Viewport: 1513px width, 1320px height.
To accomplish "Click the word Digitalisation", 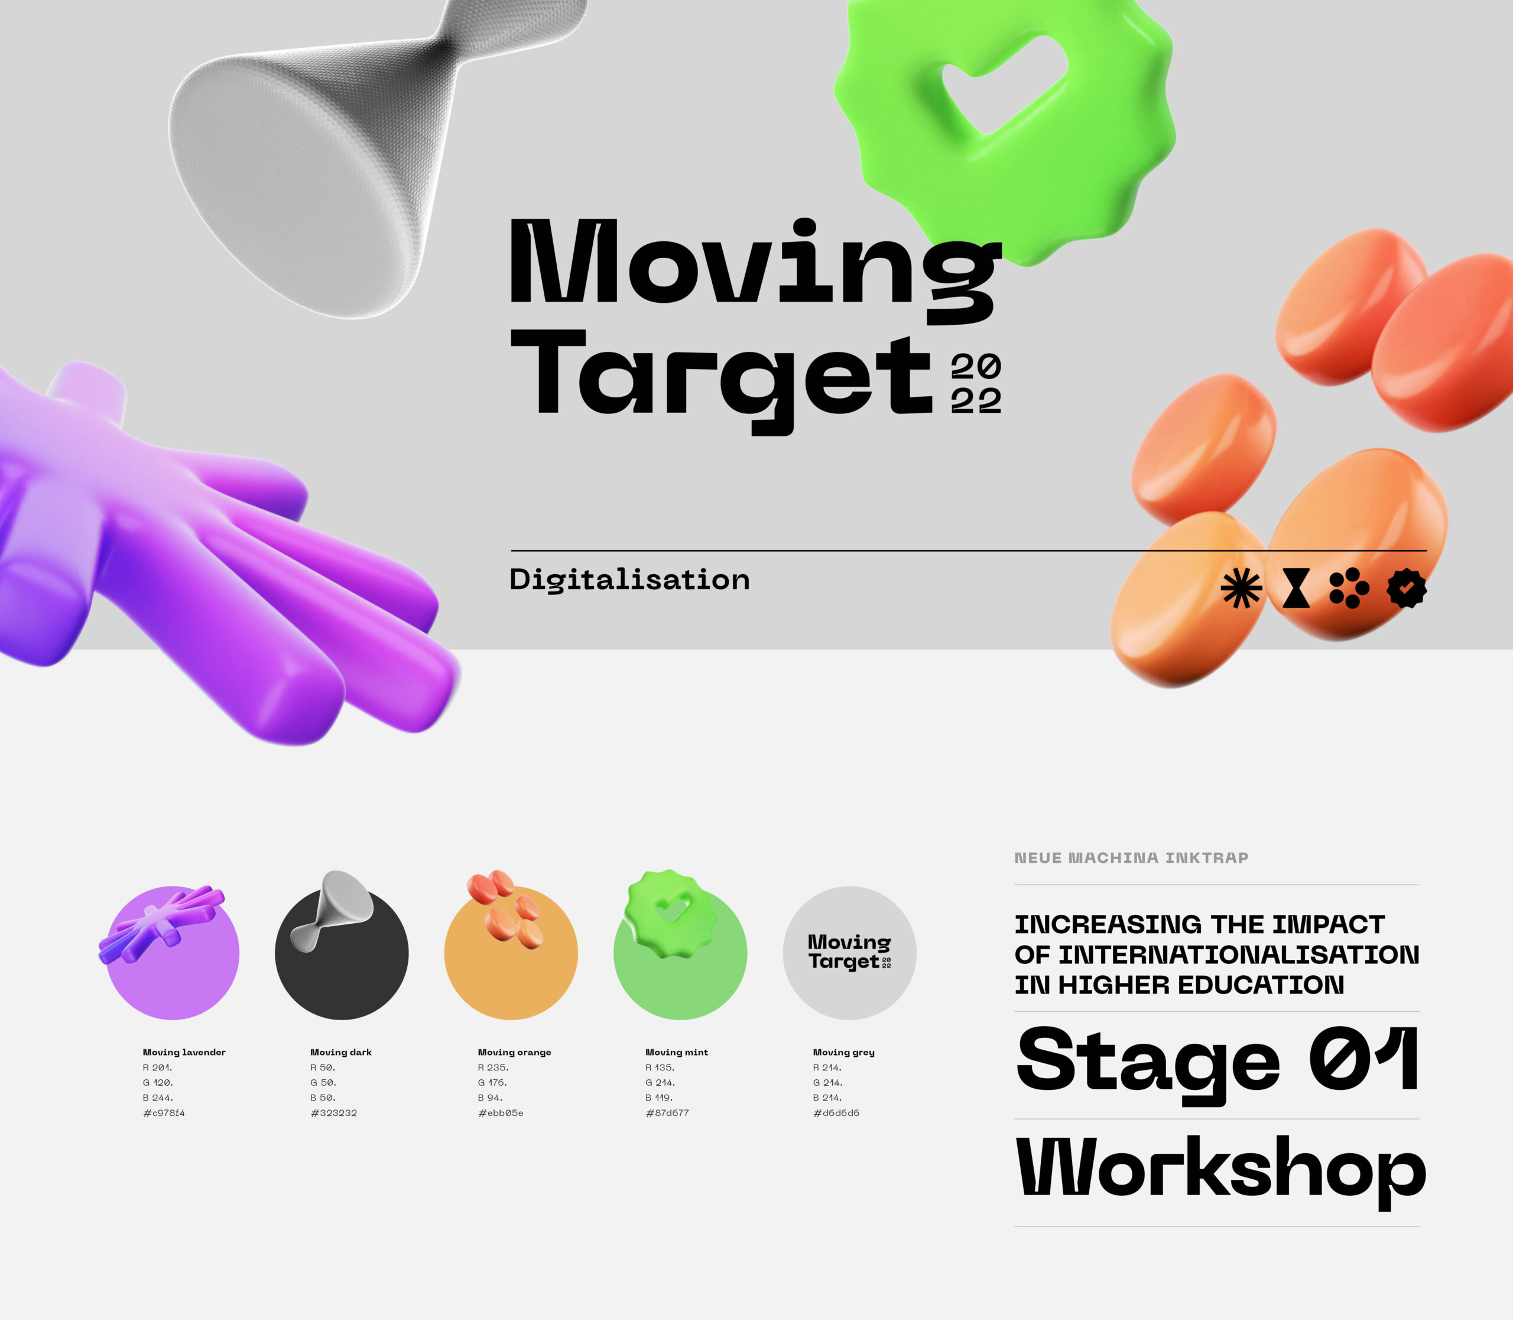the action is point(629,580).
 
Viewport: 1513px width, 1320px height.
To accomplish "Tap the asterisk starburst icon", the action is point(1241,588).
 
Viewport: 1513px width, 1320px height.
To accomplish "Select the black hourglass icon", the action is point(1296,588).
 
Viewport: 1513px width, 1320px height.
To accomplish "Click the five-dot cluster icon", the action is point(1349,588).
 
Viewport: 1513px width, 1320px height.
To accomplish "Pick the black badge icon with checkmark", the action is point(1406,588).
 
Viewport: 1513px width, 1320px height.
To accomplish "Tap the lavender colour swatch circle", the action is point(173,953).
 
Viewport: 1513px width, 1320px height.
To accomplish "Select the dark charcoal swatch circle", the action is point(342,953).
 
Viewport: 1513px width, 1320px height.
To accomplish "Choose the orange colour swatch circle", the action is point(511,953).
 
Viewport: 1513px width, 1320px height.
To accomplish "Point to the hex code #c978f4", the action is point(164,1113).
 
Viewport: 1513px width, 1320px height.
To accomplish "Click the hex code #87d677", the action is point(668,1113).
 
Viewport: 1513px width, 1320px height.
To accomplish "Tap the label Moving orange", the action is point(515,1053).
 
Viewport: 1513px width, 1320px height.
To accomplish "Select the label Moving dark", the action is point(341,1053).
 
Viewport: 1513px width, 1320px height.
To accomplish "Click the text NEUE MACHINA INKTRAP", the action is point(1132,858).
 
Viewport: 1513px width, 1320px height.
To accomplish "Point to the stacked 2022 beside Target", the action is point(976,384).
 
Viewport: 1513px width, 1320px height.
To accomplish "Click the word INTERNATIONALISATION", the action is point(1238,955).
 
